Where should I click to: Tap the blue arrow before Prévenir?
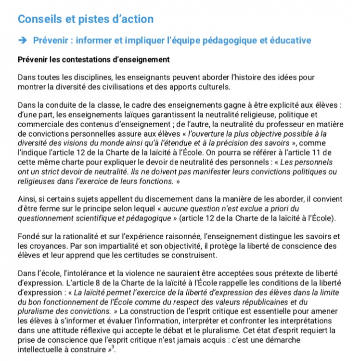click(22, 40)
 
